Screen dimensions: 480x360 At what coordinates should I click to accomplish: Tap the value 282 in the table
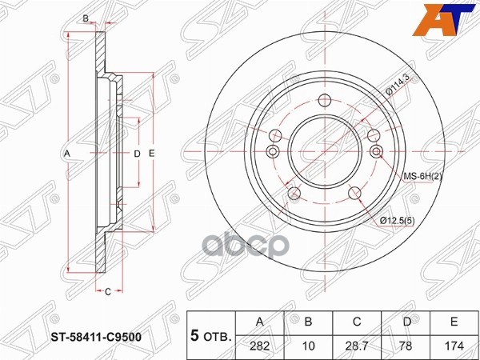(259, 346)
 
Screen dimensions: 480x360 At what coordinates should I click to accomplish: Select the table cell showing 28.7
(357, 346)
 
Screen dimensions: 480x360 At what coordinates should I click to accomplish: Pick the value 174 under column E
(454, 346)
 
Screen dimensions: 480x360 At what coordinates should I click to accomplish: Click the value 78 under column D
(406, 346)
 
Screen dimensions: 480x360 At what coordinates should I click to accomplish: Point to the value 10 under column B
(308, 346)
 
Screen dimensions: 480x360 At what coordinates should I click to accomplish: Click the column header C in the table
(357, 322)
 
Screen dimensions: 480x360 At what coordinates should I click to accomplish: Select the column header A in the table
(259, 322)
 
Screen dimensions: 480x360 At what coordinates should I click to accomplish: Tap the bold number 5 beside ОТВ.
(194, 336)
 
